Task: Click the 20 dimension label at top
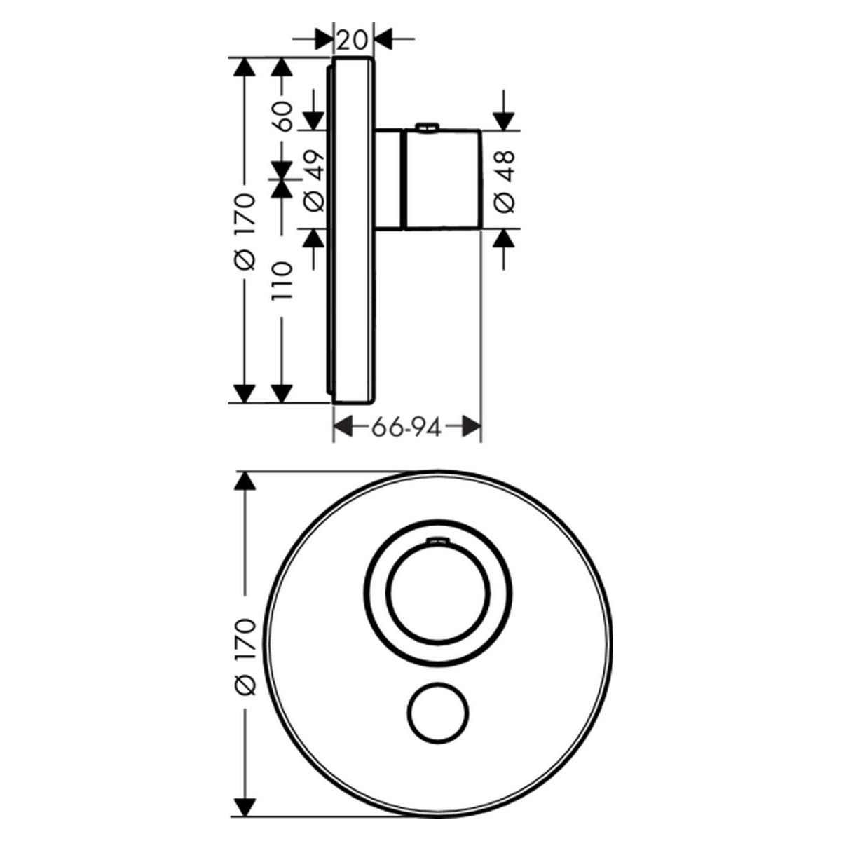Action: pyautogui.click(x=353, y=41)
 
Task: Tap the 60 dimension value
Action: pyautogui.click(x=283, y=116)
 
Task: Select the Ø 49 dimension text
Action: pyautogui.click(x=314, y=181)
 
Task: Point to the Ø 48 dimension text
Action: pyautogui.click(x=505, y=182)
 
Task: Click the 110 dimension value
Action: pyautogui.click(x=282, y=280)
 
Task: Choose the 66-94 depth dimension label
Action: pyautogui.click(x=406, y=428)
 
